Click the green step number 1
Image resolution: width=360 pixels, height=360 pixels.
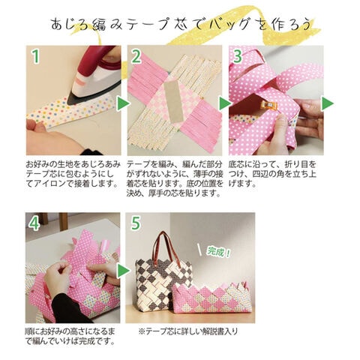click(x=36, y=56)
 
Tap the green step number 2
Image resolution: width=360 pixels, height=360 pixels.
click(x=136, y=56)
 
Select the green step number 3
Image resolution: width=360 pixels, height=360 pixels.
click(x=238, y=56)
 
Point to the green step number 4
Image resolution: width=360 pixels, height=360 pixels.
click(x=34, y=223)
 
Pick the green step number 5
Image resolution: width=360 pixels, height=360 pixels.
click(x=135, y=223)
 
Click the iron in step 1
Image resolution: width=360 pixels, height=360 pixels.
click(x=95, y=75)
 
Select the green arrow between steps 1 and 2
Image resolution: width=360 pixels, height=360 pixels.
click(x=123, y=103)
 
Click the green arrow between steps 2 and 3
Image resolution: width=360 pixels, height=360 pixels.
click(x=225, y=103)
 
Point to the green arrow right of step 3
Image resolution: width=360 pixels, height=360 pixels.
click(x=327, y=103)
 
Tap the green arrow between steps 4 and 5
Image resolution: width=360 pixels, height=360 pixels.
click(x=123, y=271)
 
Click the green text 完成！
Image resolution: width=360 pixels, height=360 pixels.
click(x=218, y=252)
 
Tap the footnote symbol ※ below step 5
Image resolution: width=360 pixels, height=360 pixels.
click(x=142, y=331)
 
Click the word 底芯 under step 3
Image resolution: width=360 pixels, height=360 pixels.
click(x=237, y=165)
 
